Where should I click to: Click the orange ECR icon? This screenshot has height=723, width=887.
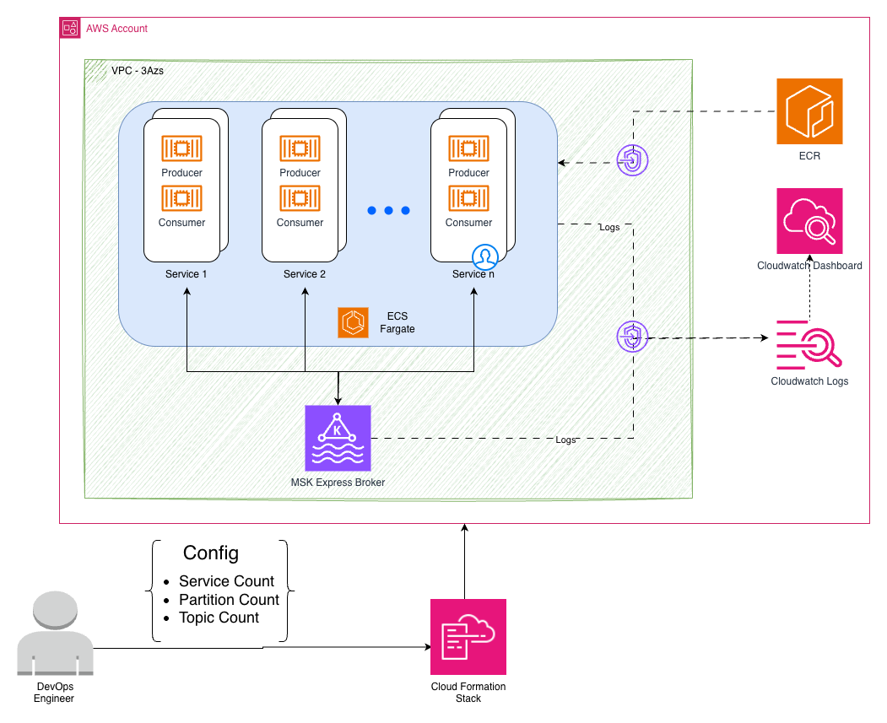(809, 111)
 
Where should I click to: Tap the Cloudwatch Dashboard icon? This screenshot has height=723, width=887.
(809, 221)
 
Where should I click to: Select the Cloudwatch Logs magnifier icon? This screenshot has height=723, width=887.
(809, 344)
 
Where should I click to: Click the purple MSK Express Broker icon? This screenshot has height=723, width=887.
(338, 438)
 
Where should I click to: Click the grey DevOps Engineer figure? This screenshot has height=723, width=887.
(54, 634)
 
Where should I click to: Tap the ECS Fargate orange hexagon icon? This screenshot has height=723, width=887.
(353, 322)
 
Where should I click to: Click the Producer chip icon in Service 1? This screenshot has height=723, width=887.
(181, 148)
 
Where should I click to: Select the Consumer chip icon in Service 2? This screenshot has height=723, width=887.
(300, 198)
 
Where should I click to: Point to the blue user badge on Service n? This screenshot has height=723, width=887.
(486, 256)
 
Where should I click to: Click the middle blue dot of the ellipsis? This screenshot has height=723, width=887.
(388, 210)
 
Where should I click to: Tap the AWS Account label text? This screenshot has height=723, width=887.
(116, 29)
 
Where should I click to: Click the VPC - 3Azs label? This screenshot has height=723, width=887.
(138, 72)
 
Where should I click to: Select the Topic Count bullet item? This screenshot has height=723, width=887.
(219, 618)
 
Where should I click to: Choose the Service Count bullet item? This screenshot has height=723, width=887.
(226, 581)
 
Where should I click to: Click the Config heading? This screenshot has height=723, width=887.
(211, 553)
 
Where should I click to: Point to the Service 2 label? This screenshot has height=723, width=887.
(305, 274)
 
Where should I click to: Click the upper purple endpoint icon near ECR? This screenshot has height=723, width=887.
(633, 159)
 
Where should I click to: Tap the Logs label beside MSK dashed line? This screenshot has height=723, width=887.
(566, 440)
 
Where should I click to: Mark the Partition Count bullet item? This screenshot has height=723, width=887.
(229, 600)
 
